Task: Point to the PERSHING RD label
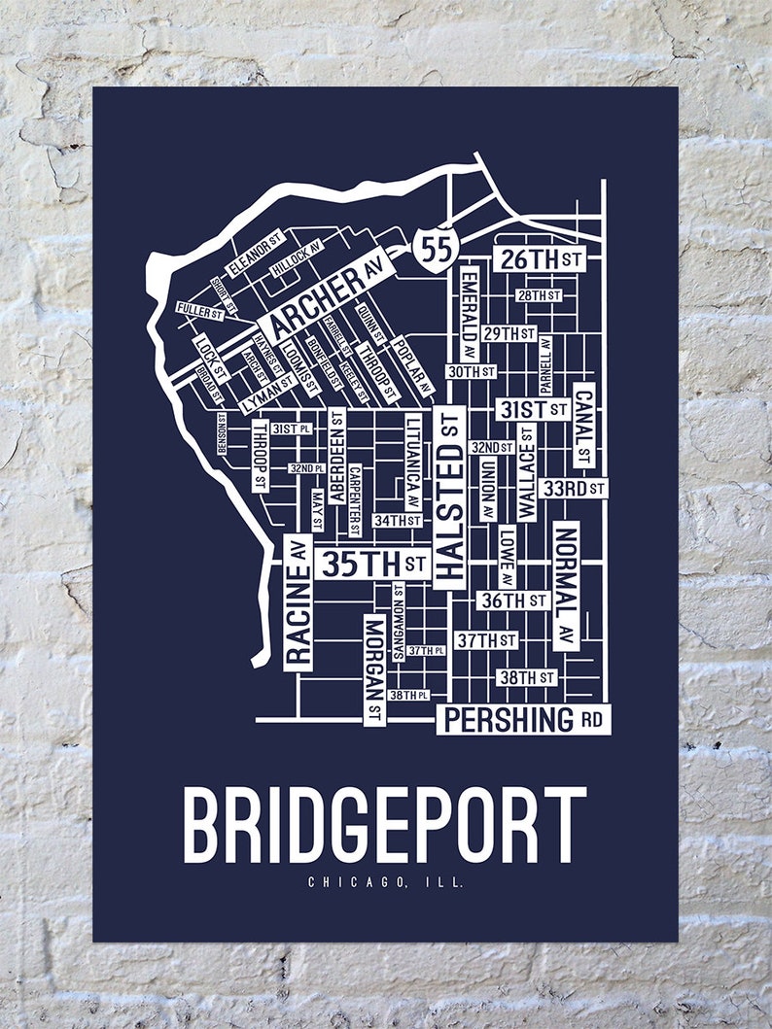[x=523, y=720]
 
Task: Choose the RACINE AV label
[x=298, y=602]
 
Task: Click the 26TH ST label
[x=539, y=259]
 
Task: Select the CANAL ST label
[x=583, y=425]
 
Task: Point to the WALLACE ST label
[x=527, y=471]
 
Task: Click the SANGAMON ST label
[x=399, y=622]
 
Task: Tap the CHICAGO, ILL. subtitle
[x=385, y=883]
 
